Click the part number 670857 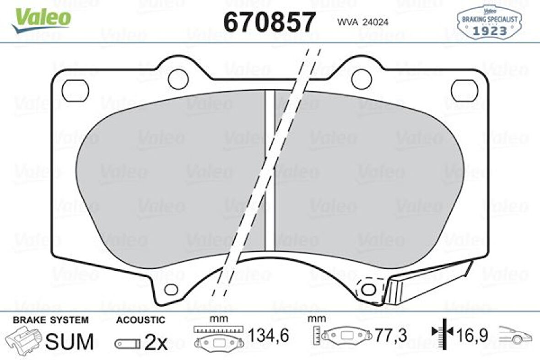point(270,22)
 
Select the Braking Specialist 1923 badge point(489,23)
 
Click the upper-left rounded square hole point(75,90)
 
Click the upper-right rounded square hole point(464,91)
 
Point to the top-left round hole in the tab point(178,79)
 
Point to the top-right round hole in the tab point(361,79)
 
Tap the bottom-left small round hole point(171,289)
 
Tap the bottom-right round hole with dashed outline point(368,289)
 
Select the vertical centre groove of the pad point(270,169)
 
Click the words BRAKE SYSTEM point(50,320)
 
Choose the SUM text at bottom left point(71,342)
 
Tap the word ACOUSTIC point(140,320)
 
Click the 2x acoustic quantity point(156,342)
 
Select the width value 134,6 point(269,336)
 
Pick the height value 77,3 point(390,336)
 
